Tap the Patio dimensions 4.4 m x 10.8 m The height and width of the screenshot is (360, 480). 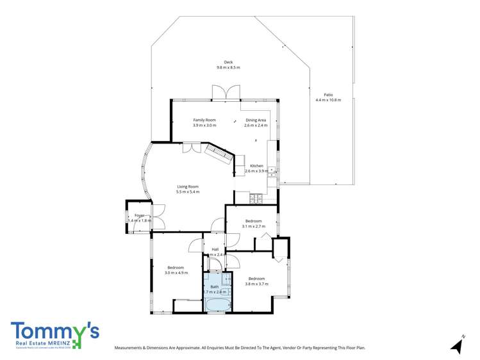[x=328, y=100]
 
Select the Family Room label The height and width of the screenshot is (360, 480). [x=205, y=120]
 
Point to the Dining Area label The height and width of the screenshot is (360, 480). [x=256, y=120]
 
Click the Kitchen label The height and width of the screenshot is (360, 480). [x=256, y=166]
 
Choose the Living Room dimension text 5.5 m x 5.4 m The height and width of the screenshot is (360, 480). [x=188, y=192]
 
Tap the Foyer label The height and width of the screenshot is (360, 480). [x=139, y=215]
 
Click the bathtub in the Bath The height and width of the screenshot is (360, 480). [x=217, y=304]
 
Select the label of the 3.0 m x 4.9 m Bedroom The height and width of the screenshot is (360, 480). [x=176, y=267]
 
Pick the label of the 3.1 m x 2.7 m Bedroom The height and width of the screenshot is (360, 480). [x=253, y=221]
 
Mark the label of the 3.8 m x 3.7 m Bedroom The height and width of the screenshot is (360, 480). [x=256, y=278]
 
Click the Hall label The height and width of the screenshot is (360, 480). [x=215, y=249]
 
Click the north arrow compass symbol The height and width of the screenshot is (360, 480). [x=457, y=345]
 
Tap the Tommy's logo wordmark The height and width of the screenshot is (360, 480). [x=54, y=331]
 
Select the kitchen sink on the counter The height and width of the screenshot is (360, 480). [x=272, y=172]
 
